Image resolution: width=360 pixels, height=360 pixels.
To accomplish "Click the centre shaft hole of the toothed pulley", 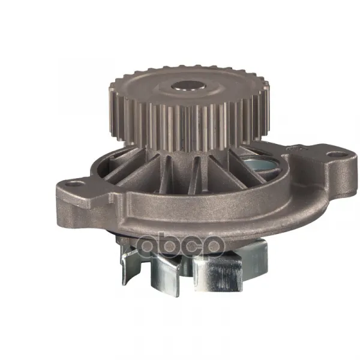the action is [188, 86].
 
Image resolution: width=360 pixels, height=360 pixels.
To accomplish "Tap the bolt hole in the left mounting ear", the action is [73, 184].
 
